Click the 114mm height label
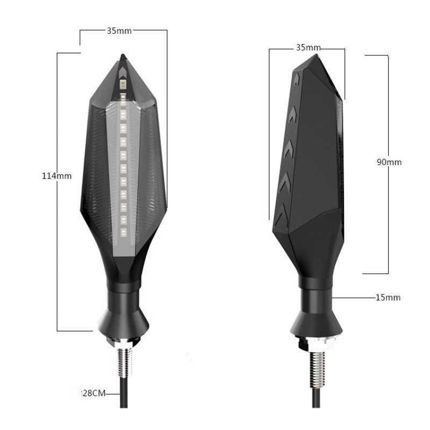click(56, 175)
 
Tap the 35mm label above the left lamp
click(119, 31)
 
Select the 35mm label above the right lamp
click(308, 48)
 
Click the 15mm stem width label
click(389, 297)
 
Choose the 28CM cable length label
click(92, 393)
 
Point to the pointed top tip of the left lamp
click(123, 56)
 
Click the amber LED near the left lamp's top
click(123, 84)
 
